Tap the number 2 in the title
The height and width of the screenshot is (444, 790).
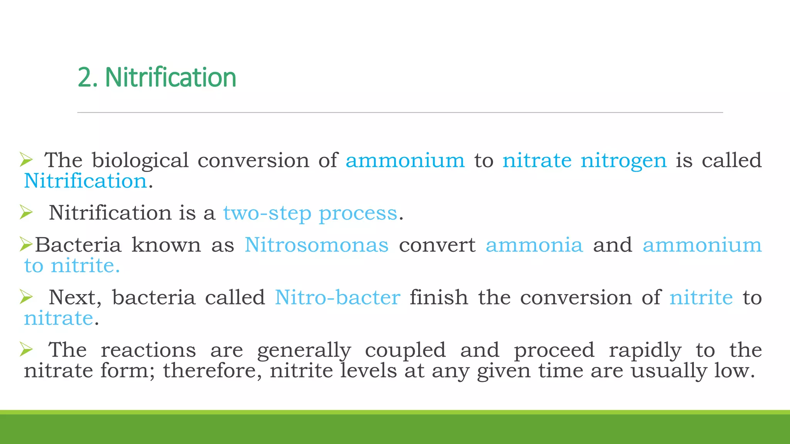click(84, 77)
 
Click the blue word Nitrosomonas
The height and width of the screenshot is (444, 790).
click(317, 245)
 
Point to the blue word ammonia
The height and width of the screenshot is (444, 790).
click(534, 245)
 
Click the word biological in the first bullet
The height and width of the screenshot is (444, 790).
click(140, 160)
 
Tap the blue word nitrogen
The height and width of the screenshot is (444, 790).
click(624, 160)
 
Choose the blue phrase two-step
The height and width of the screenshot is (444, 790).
click(267, 213)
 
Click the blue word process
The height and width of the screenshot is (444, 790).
click(358, 214)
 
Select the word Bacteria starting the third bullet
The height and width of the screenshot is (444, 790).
click(78, 245)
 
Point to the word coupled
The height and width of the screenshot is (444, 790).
click(405, 350)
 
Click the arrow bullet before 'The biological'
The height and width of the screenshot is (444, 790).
click(26, 159)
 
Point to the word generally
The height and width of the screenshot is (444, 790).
click(304, 350)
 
